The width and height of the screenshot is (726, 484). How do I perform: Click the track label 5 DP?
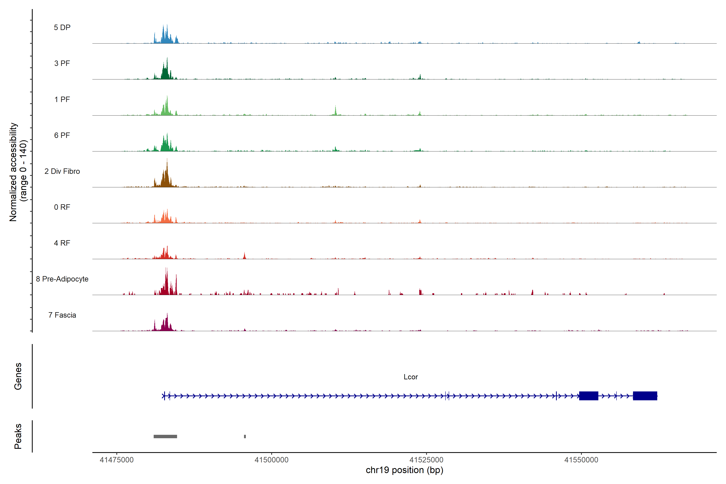coord(62,27)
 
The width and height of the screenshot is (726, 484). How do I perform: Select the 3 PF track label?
coord(62,63)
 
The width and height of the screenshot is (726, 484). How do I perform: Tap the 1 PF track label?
coord(62,99)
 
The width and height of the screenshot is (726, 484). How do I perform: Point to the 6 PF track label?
coord(62,135)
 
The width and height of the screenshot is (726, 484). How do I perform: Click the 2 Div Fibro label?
coord(62,171)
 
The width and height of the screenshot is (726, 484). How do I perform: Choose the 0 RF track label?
coord(62,207)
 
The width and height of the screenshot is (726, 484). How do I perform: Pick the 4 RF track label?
coord(62,243)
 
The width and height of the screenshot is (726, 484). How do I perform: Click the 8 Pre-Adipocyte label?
coord(62,279)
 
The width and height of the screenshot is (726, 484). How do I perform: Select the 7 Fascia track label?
coord(62,315)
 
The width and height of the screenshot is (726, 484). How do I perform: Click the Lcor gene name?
coord(411,377)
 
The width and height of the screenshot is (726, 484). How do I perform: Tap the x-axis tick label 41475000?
coord(117,460)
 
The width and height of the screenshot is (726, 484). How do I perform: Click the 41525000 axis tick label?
coord(426,460)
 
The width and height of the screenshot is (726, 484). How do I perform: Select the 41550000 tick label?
coord(581,460)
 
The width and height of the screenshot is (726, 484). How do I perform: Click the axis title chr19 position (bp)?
coord(404,470)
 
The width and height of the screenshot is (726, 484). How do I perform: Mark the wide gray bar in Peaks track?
coord(165,436)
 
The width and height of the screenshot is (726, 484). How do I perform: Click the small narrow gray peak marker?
coord(245,436)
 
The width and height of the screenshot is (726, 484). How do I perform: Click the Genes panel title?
coord(18,376)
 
